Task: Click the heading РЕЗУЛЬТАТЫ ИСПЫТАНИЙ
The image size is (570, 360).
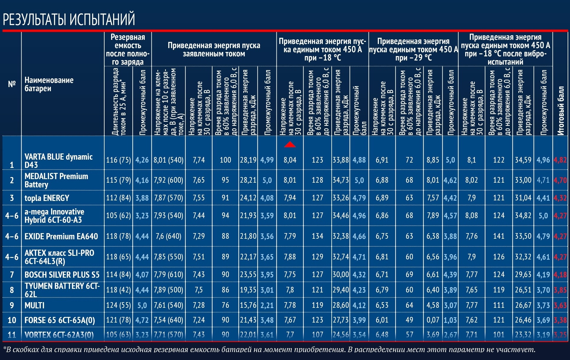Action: point(69,19)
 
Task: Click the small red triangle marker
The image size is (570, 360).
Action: point(290,144)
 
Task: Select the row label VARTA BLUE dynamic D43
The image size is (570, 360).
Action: point(58,161)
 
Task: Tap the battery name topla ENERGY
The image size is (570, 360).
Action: point(47,198)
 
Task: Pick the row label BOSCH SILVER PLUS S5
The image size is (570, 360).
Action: point(62,275)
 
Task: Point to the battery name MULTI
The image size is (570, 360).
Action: point(35,305)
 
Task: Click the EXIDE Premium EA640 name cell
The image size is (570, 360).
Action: point(61,236)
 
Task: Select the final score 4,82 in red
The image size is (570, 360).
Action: point(560,160)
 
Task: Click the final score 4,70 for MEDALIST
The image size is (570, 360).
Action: point(560,180)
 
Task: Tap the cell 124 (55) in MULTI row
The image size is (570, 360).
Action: point(118,305)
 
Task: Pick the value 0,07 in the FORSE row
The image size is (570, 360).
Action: point(433,320)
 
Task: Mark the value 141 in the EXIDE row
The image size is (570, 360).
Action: point(499,236)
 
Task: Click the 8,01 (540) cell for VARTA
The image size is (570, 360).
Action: point(168,160)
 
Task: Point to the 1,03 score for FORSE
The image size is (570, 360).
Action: point(450,320)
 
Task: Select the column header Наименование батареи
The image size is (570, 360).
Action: point(49,84)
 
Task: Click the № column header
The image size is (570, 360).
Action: point(12,84)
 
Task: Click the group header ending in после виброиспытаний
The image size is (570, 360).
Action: point(505,49)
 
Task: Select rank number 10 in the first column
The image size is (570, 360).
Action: point(12,320)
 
